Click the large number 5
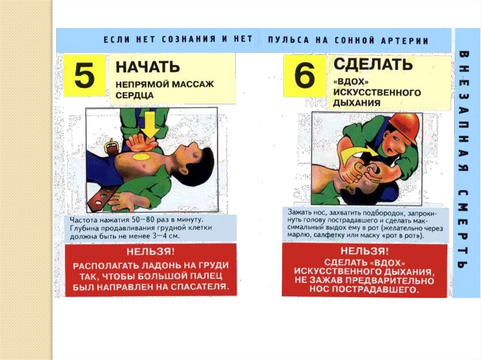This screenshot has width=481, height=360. (85, 74)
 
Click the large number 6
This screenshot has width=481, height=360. (304, 75)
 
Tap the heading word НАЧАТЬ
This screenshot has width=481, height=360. (147, 67)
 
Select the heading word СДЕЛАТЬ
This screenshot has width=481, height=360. (372, 64)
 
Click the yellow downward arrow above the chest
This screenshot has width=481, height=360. (150, 124)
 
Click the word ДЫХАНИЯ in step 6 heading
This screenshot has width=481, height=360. (357, 103)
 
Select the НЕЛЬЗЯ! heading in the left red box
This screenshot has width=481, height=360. (151, 252)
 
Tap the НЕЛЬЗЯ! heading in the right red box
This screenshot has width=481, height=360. (364, 251)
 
